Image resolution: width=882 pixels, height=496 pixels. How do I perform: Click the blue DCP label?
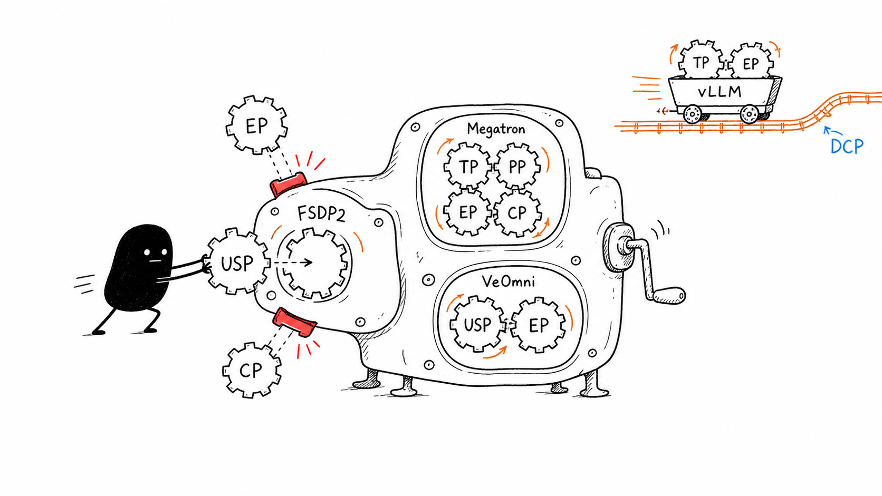847,147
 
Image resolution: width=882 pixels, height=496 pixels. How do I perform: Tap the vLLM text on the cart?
720,92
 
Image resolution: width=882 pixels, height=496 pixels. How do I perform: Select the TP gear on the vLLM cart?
701,62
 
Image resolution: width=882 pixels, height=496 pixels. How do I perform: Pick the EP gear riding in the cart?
750,63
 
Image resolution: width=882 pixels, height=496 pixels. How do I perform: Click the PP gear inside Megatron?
517,167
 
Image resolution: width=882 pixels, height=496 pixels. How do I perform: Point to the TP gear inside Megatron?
468,167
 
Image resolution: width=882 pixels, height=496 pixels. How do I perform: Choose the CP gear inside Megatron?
516,213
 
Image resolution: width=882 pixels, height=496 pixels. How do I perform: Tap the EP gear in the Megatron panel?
468,212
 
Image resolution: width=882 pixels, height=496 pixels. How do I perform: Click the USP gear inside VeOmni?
477,325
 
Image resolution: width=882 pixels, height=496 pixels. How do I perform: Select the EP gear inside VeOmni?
538,325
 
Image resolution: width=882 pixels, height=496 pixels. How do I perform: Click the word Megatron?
496,129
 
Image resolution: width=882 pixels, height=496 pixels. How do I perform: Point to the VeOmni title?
509,281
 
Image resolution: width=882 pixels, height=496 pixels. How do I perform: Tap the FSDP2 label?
321,213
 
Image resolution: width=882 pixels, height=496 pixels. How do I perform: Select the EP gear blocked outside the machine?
256,125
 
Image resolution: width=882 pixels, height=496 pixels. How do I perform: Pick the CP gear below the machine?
251,370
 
